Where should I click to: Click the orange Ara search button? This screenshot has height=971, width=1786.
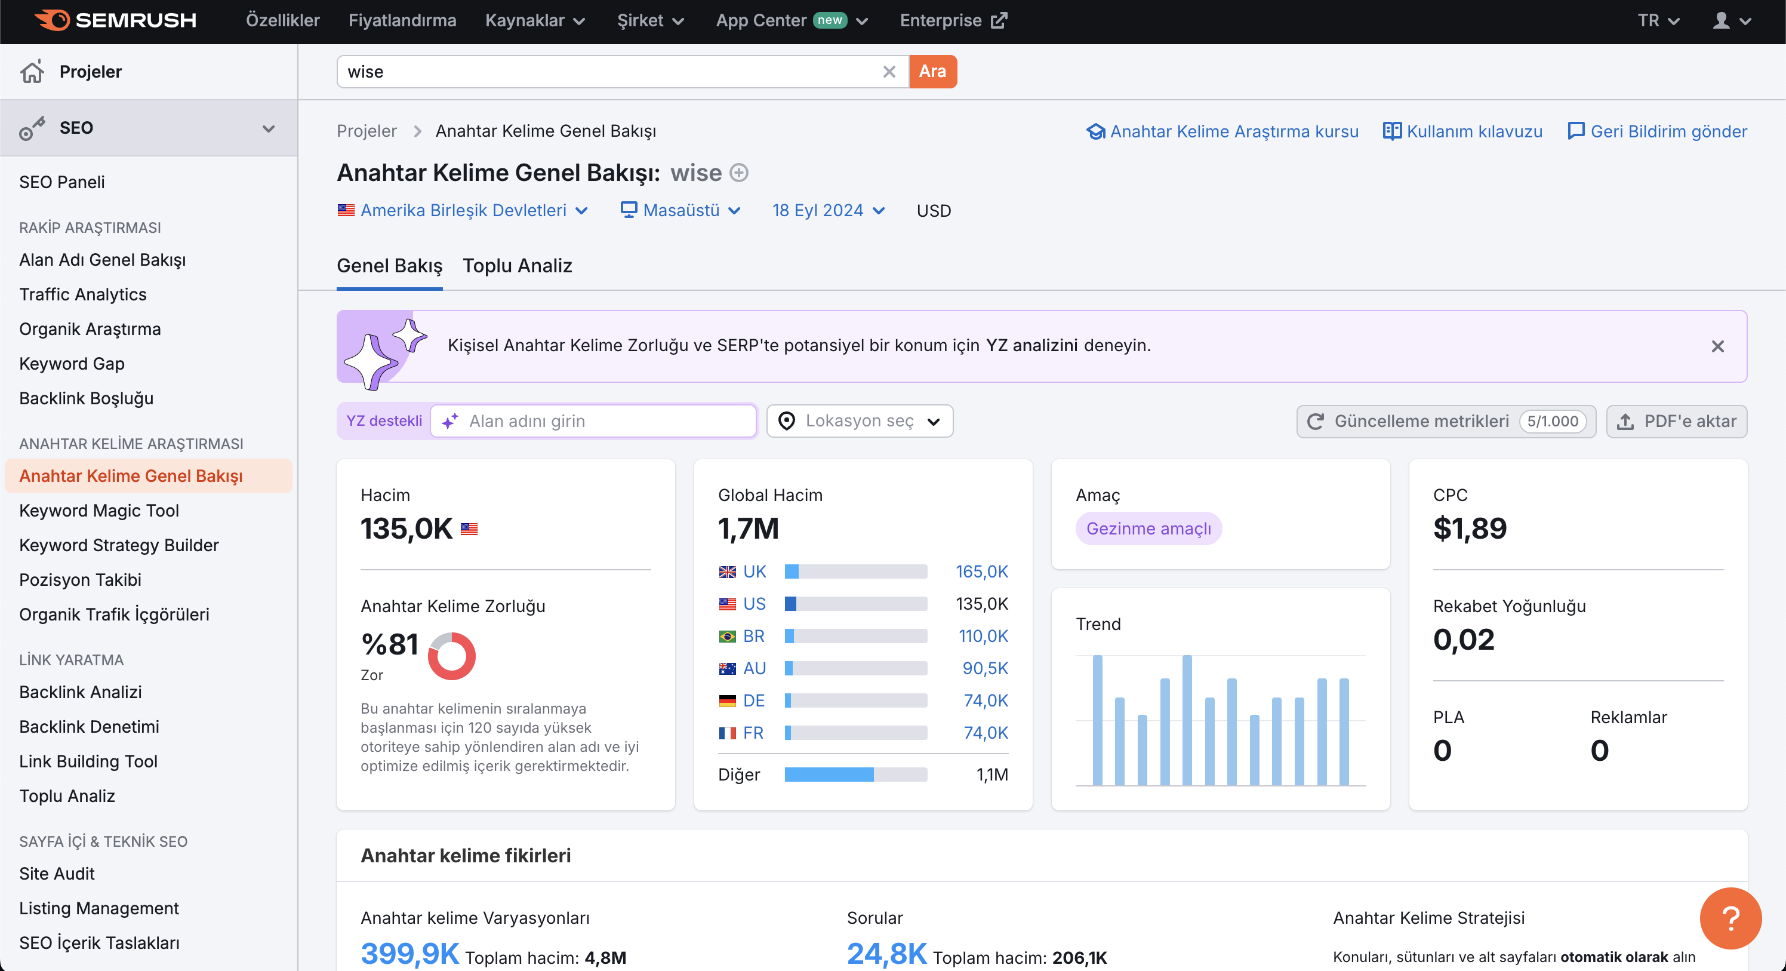(x=932, y=72)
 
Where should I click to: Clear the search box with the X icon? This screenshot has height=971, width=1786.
(x=889, y=72)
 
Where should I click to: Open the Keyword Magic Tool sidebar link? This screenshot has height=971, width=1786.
(x=99, y=511)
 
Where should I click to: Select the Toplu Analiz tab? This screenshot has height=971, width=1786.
(x=517, y=266)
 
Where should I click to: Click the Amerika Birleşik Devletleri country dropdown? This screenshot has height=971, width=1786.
(x=463, y=210)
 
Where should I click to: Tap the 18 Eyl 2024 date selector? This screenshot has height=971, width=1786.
(x=829, y=210)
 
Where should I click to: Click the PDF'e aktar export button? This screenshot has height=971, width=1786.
(x=1676, y=421)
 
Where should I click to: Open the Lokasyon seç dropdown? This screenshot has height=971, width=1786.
(x=860, y=421)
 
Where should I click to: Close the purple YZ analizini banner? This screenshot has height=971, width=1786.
(x=1717, y=346)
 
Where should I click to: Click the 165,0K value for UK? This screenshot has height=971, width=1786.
(x=982, y=571)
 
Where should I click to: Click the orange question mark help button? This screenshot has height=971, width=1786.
(x=1730, y=918)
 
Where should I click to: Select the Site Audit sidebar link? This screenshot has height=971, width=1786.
(x=57, y=873)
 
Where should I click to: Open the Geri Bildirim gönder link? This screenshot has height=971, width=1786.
(x=1657, y=131)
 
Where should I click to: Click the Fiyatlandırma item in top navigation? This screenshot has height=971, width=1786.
(x=402, y=20)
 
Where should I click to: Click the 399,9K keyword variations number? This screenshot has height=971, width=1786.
(x=409, y=954)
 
